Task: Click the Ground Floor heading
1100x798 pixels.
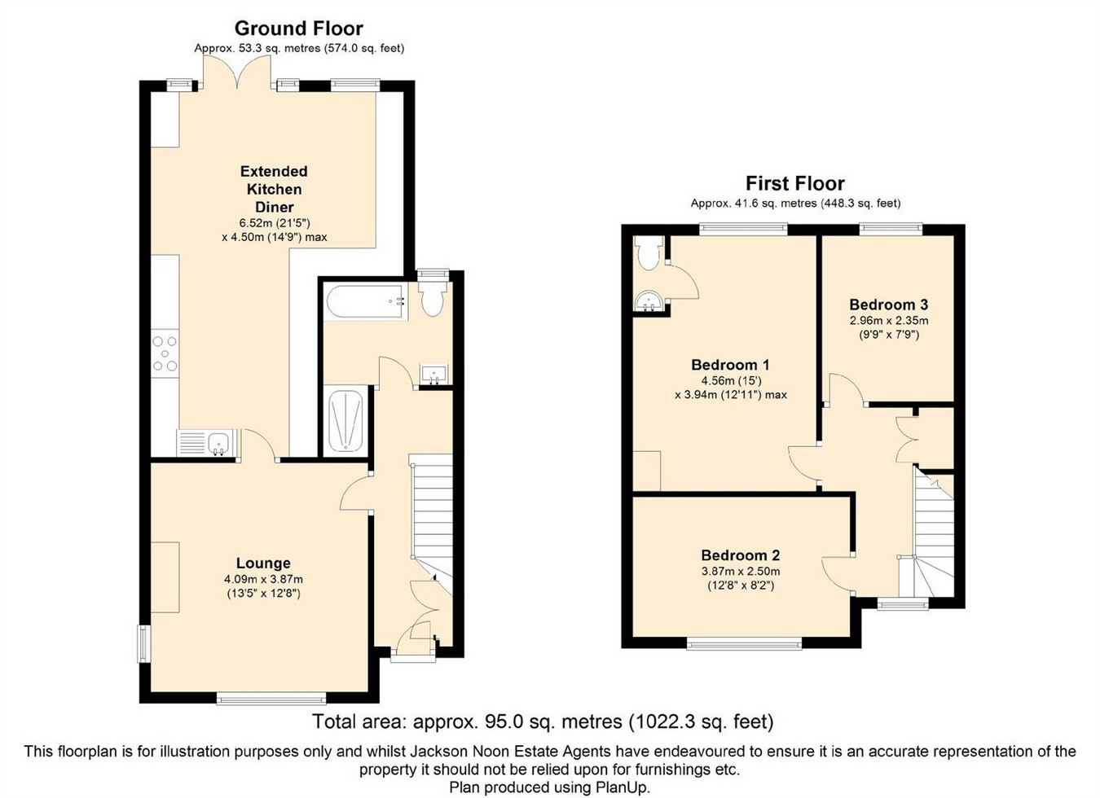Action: pos(298,29)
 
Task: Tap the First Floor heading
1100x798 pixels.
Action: pos(795,183)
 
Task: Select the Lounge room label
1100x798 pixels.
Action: pos(263,563)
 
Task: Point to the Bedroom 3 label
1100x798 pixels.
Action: pos(889,305)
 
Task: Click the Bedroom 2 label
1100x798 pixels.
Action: pos(741,555)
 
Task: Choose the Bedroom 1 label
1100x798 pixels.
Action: pos(731,365)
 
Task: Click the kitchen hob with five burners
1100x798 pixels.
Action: pos(165,353)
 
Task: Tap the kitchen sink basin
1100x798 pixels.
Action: pos(217,443)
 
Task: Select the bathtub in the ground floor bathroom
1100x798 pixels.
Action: pos(366,302)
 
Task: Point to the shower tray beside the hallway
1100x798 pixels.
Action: pos(346,419)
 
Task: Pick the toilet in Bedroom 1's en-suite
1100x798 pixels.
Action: pos(649,252)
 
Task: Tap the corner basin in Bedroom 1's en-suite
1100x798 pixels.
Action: pos(649,302)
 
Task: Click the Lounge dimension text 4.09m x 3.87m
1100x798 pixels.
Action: pos(263,580)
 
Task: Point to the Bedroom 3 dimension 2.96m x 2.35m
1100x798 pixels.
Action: pos(889,321)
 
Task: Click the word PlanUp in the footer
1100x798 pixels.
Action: pos(623,787)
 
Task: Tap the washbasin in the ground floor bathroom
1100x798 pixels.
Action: pos(434,374)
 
